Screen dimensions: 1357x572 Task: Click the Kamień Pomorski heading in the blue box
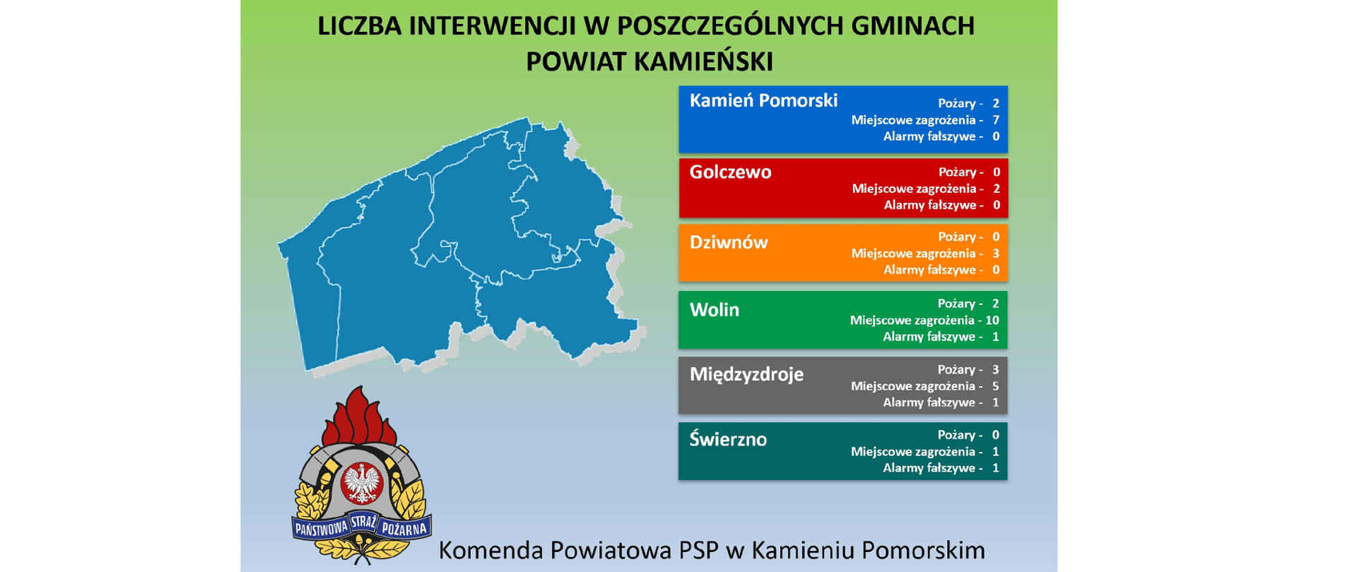click(x=763, y=101)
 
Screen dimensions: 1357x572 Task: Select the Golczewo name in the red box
click(x=730, y=172)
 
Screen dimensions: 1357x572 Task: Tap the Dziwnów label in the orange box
click(x=729, y=242)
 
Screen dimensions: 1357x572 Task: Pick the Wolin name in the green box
click(x=715, y=309)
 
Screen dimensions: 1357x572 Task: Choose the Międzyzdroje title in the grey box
click(x=746, y=374)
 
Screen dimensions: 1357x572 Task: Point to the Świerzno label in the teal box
click(x=728, y=439)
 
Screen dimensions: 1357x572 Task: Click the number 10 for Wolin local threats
click(x=992, y=320)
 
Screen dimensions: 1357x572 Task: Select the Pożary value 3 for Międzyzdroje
click(x=996, y=369)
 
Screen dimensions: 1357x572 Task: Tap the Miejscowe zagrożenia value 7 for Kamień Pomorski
click(x=996, y=120)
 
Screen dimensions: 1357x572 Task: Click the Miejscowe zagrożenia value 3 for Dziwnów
click(x=996, y=254)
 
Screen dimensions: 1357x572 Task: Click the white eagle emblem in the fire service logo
click(x=362, y=483)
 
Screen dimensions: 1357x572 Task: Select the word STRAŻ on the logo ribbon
click(x=363, y=523)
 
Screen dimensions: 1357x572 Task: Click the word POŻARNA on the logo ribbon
click(x=404, y=529)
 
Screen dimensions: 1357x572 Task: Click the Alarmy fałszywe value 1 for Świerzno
click(x=996, y=468)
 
